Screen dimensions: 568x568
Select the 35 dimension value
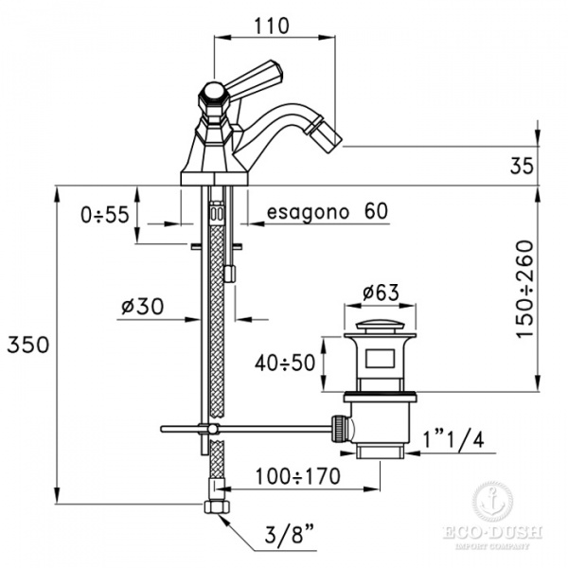(523, 167)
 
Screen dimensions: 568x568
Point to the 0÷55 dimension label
(104, 216)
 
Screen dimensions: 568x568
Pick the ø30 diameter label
(143, 307)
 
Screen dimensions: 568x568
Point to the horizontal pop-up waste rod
(246, 431)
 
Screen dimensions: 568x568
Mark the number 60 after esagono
(376, 210)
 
